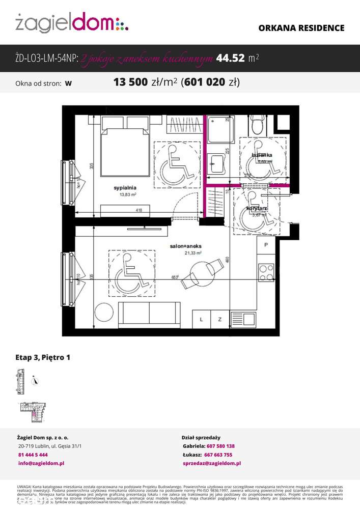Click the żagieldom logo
pyautogui.click(x=71, y=23)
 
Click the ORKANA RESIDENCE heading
pyautogui.click(x=301, y=29)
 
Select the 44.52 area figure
pyautogui.click(x=231, y=59)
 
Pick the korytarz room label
pyautogui.click(x=257, y=209)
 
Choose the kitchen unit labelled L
pyautogui.click(x=202, y=320)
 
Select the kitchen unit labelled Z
pyautogui.click(x=220, y=320)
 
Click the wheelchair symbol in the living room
pyautogui.click(x=132, y=273)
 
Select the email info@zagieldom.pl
pyautogui.click(x=41, y=464)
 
